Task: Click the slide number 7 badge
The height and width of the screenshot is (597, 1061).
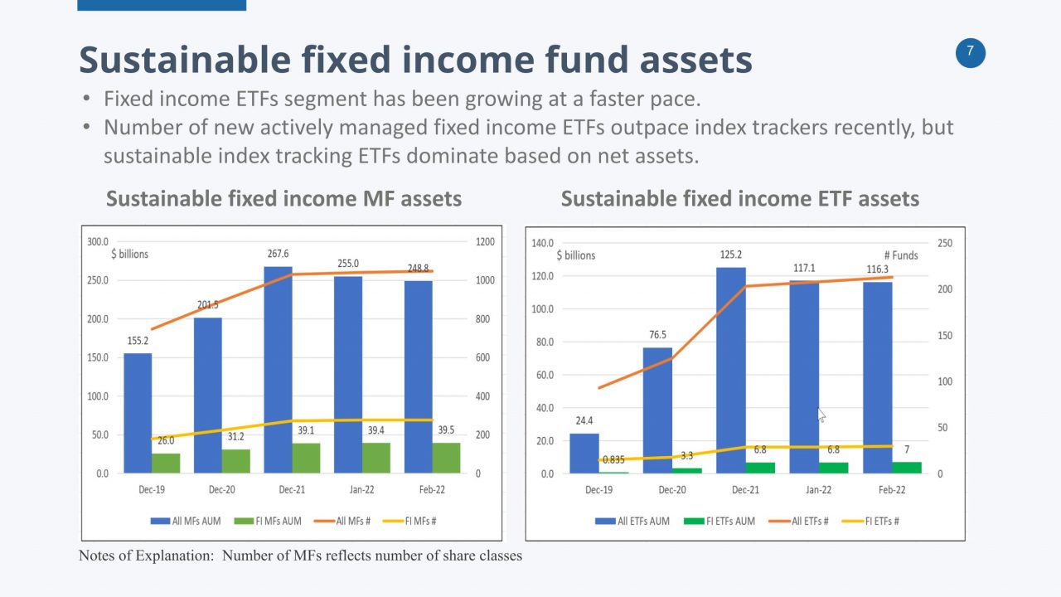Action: tap(971, 53)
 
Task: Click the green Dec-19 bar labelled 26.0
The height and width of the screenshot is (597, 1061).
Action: tap(166, 463)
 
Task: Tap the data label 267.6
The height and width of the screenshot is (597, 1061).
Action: tap(278, 254)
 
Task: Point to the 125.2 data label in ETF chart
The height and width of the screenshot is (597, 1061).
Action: tap(731, 255)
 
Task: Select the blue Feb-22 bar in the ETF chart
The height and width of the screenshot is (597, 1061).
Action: tap(877, 377)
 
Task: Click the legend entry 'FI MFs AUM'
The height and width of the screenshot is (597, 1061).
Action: tap(274, 521)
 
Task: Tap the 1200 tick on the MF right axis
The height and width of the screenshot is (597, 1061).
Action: tap(484, 242)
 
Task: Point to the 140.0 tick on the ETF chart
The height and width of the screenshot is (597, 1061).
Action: tap(543, 243)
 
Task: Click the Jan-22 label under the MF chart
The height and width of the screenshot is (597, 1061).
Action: tap(362, 489)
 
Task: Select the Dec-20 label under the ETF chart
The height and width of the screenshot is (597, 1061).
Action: tap(672, 489)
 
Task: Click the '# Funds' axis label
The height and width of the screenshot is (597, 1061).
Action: tap(900, 255)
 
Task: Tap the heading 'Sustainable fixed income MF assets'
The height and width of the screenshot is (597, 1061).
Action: tap(283, 199)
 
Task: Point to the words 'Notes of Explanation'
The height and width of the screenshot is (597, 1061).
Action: tap(144, 556)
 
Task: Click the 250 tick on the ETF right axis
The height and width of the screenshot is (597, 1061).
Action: tap(945, 243)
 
